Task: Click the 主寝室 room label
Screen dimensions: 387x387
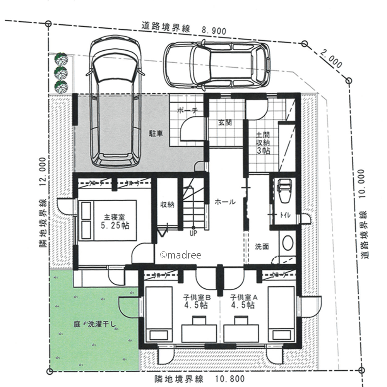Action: tap(115, 217)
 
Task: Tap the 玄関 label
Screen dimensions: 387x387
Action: tap(225, 122)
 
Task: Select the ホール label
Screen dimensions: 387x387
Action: tap(225, 202)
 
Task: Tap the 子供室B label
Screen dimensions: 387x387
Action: tap(197, 297)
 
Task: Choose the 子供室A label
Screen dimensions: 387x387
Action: tap(244, 297)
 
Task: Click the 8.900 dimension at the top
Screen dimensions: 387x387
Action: tap(214, 30)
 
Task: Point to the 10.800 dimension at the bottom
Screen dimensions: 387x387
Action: tap(230, 378)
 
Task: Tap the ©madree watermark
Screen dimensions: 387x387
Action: tap(181, 255)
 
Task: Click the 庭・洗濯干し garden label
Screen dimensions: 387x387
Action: tap(95, 324)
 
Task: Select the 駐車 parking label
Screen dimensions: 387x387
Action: tap(156, 134)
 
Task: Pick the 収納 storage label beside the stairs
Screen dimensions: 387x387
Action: tap(167, 204)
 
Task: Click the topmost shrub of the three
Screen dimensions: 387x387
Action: tap(61, 59)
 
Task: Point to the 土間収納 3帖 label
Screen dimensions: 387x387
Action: tap(263, 143)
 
